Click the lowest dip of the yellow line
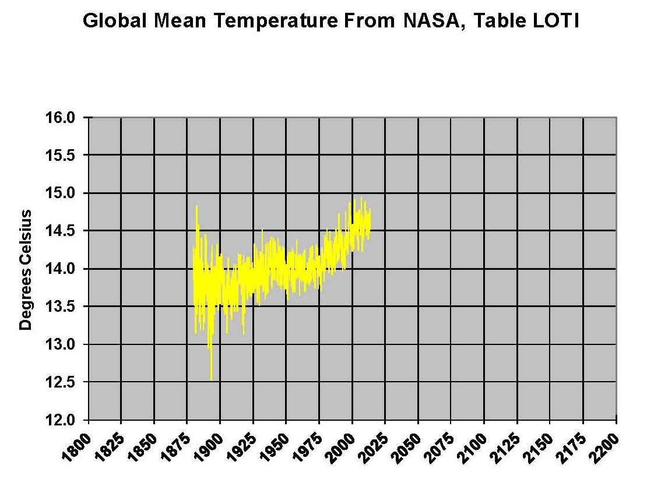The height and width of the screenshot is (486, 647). [211, 379]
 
